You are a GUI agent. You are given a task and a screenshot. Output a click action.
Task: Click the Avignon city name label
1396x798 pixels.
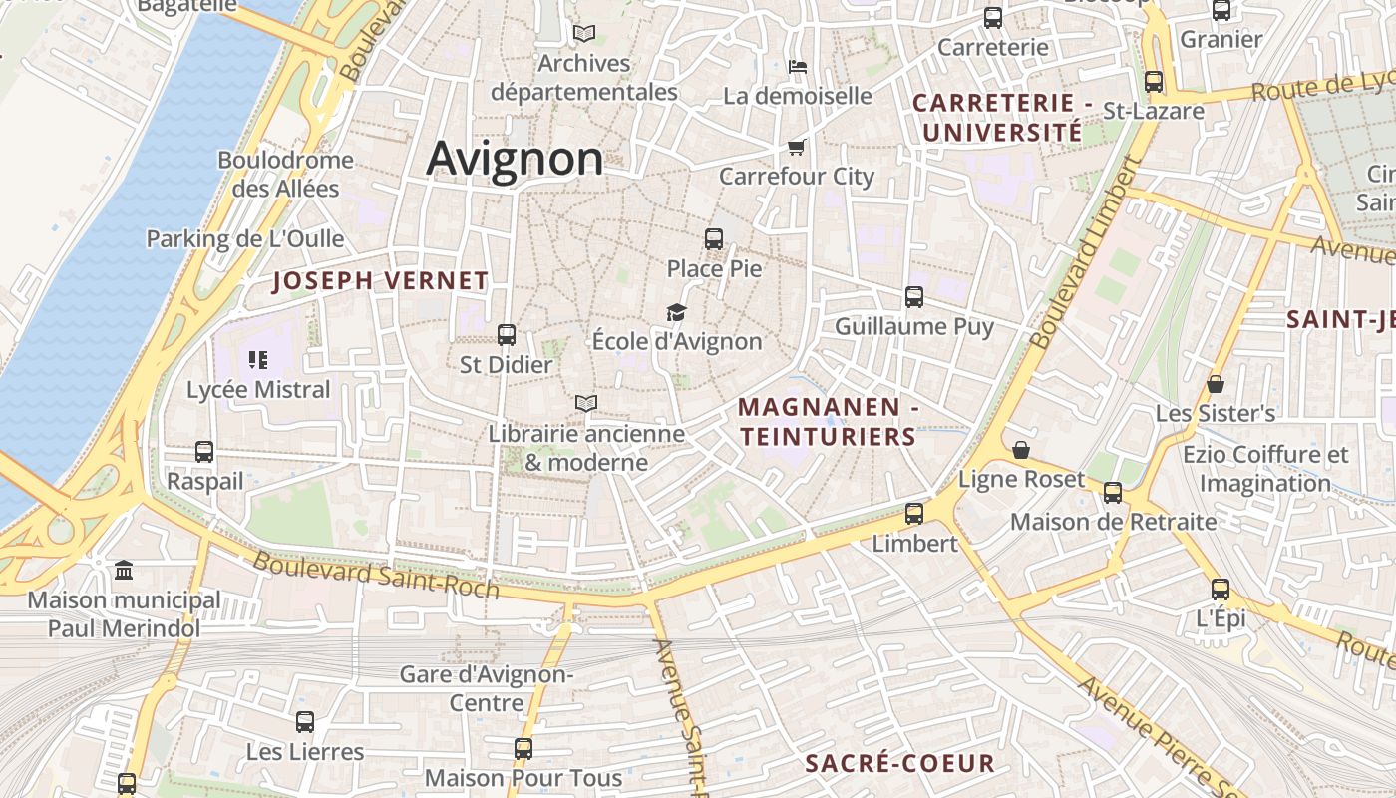pyautogui.click(x=515, y=159)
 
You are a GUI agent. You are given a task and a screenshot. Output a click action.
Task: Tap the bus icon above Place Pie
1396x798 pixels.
pyautogui.click(x=714, y=239)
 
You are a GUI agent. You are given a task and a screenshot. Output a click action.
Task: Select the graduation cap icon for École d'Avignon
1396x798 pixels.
pyautogui.click(x=677, y=313)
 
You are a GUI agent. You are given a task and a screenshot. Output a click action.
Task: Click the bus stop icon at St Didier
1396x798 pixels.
pyautogui.click(x=507, y=335)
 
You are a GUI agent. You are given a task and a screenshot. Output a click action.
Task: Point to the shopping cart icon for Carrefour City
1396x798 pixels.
pyautogui.click(x=796, y=148)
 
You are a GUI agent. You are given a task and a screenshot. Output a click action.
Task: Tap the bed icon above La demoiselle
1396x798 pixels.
pyautogui.click(x=798, y=67)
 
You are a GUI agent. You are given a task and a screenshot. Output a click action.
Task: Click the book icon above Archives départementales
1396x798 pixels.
pyautogui.click(x=584, y=34)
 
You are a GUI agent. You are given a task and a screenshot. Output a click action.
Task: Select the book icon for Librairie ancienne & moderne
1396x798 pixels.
pyautogui.click(x=586, y=404)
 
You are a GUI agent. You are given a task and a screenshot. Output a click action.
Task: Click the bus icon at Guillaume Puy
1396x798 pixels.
pyautogui.click(x=914, y=297)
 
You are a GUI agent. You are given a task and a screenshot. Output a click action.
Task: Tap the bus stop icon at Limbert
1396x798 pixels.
pyautogui.click(x=914, y=515)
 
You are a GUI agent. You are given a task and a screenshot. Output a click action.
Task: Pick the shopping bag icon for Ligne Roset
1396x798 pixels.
pyautogui.click(x=1021, y=451)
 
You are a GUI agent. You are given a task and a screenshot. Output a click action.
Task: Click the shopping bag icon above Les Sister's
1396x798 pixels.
pyautogui.click(x=1216, y=384)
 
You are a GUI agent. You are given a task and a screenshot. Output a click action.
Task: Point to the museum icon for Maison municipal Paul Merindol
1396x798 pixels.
pyautogui.click(x=124, y=571)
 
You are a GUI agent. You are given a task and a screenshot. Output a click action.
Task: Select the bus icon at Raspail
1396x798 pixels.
pyautogui.click(x=204, y=452)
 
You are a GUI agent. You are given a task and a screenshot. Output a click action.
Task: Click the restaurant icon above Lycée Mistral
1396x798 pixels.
pyautogui.click(x=258, y=360)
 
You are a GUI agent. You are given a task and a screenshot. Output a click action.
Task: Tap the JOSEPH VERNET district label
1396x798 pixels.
pyautogui.click(x=381, y=281)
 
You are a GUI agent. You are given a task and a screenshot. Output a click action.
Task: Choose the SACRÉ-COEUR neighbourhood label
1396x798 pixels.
pyautogui.click(x=899, y=764)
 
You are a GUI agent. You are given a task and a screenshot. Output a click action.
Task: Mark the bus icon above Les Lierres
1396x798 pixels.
pyautogui.click(x=305, y=722)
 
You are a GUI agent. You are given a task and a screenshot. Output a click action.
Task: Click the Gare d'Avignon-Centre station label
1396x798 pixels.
pyautogui.click(x=487, y=688)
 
